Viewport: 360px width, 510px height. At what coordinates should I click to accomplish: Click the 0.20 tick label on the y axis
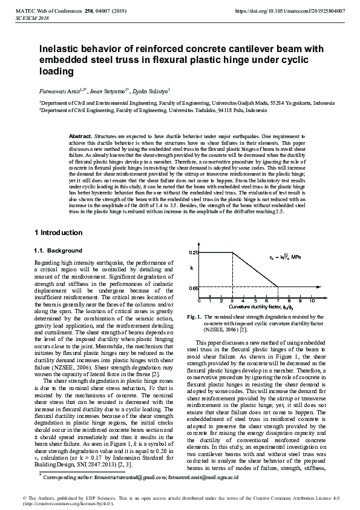[x=193, y=251]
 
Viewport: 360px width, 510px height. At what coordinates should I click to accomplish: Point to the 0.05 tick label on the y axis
[x=193, y=287]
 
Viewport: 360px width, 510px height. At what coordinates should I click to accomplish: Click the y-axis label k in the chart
[x=192, y=267]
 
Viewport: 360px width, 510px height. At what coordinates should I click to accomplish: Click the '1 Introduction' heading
[x=58, y=233]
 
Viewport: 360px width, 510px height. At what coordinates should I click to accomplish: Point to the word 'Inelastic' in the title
[x=61, y=49]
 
